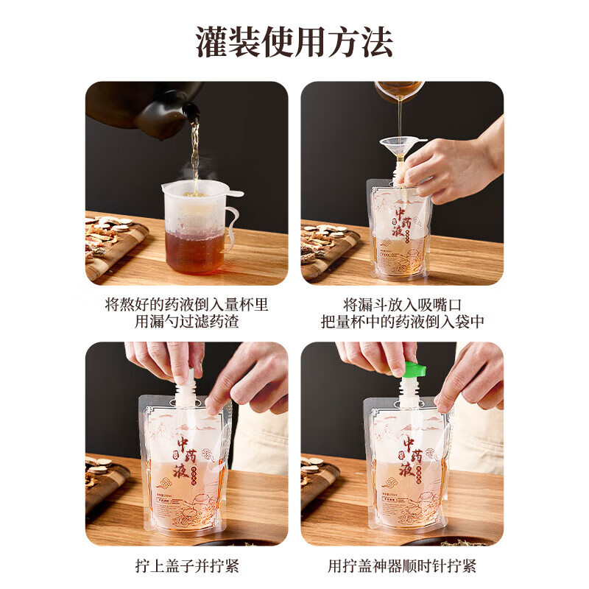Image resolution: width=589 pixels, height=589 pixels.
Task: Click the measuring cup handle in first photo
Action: point(231,225)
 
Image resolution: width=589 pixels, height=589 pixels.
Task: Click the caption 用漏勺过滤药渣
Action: point(186,322)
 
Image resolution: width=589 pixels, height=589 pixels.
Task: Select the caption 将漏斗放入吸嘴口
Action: point(402,303)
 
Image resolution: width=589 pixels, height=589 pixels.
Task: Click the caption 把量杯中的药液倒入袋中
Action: point(402,322)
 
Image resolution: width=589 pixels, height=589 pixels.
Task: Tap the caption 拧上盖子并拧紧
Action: point(186,566)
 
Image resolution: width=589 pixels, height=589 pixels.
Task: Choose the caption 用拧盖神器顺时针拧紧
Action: point(402,566)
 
